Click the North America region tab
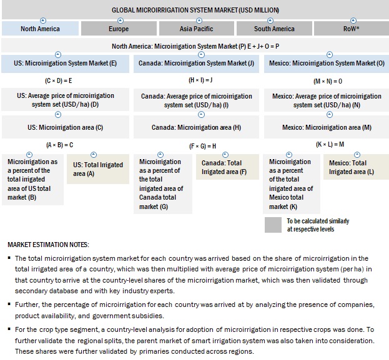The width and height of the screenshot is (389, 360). [x=41, y=29]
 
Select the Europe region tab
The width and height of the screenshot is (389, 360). [x=119, y=29]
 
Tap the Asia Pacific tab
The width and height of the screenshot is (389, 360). [x=196, y=29]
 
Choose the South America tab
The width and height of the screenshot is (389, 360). [x=274, y=29]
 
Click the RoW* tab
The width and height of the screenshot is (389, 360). [x=351, y=29]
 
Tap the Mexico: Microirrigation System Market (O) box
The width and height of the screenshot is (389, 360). [x=327, y=64]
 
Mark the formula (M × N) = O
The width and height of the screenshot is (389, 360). [x=327, y=81]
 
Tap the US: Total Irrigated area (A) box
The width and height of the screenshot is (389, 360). [x=98, y=168]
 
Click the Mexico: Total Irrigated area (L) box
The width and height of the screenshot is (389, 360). [x=353, y=167]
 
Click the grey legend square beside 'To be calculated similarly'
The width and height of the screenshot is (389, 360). [x=273, y=225]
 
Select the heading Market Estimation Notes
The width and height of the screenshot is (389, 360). [x=48, y=243]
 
